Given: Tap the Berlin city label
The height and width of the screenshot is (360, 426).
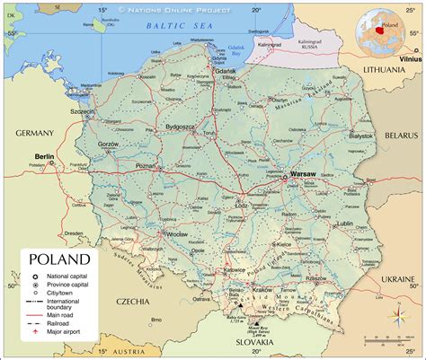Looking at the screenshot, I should click(x=44, y=156).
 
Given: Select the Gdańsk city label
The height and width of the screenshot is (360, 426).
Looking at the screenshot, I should click(x=225, y=70).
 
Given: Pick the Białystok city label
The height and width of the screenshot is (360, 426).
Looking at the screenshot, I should click(x=361, y=136).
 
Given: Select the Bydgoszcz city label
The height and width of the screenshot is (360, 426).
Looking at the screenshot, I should click(x=181, y=127).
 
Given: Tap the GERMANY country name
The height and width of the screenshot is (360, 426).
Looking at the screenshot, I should click(x=34, y=132).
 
